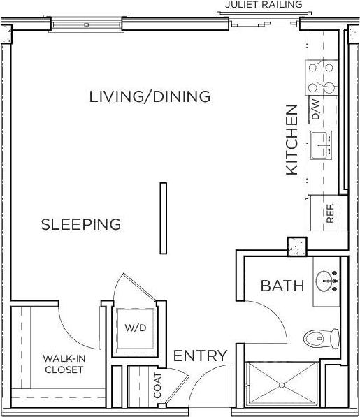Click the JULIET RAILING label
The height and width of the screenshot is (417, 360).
[264, 5]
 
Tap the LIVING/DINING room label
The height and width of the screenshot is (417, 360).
[150, 96]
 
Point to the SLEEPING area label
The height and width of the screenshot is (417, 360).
[81, 224]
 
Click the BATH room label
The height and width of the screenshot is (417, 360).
[282, 286]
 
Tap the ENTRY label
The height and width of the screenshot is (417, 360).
[200, 356]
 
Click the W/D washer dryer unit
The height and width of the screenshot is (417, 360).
[136, 327]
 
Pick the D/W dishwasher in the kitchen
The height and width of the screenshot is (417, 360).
[315, 110]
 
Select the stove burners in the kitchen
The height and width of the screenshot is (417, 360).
[321, 78]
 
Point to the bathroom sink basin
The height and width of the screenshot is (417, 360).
[326, 281]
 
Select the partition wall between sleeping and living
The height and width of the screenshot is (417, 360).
[163, 219]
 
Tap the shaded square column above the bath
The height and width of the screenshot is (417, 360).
[297, 246]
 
